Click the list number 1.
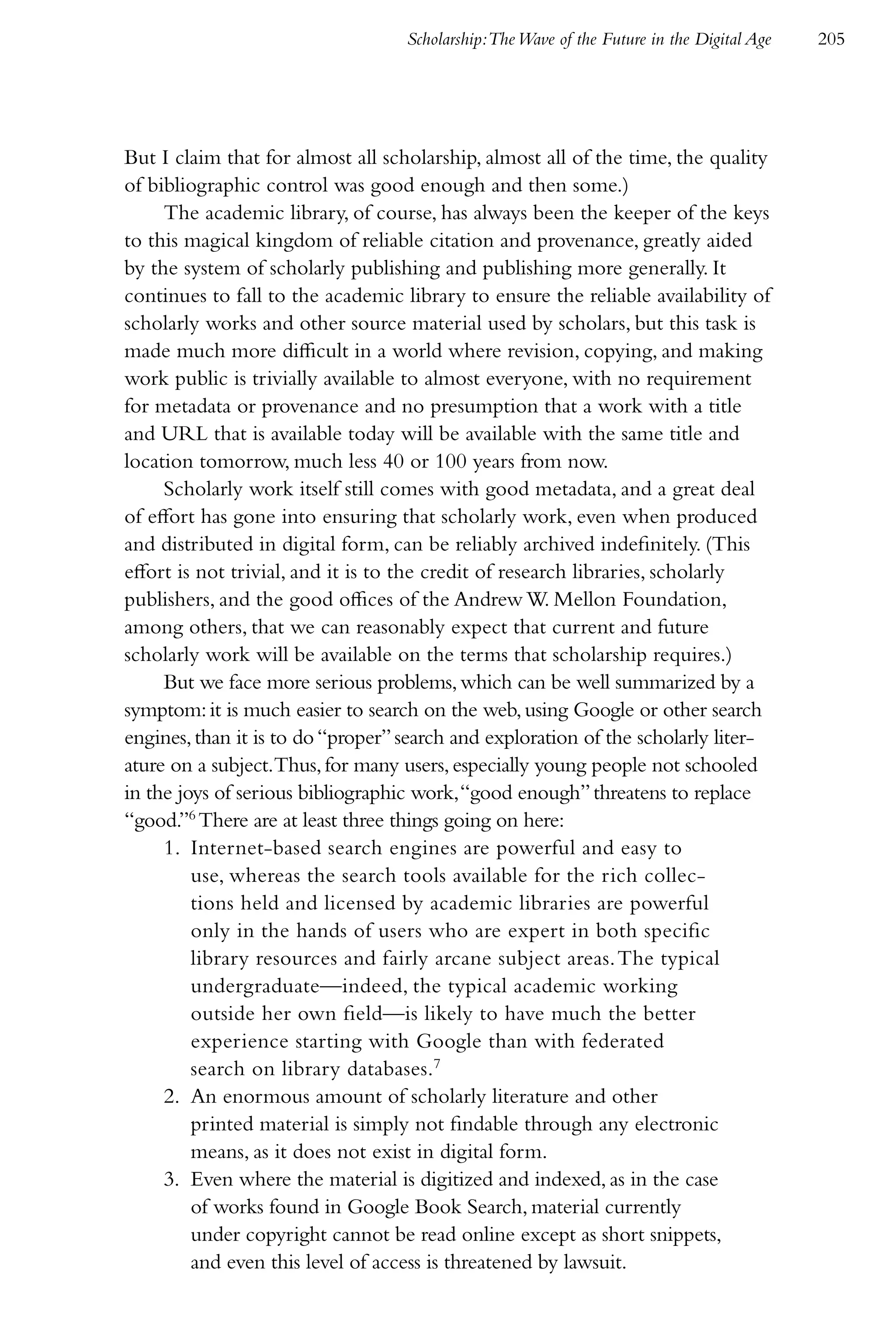[171, 849]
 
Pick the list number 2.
[171, 1097]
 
